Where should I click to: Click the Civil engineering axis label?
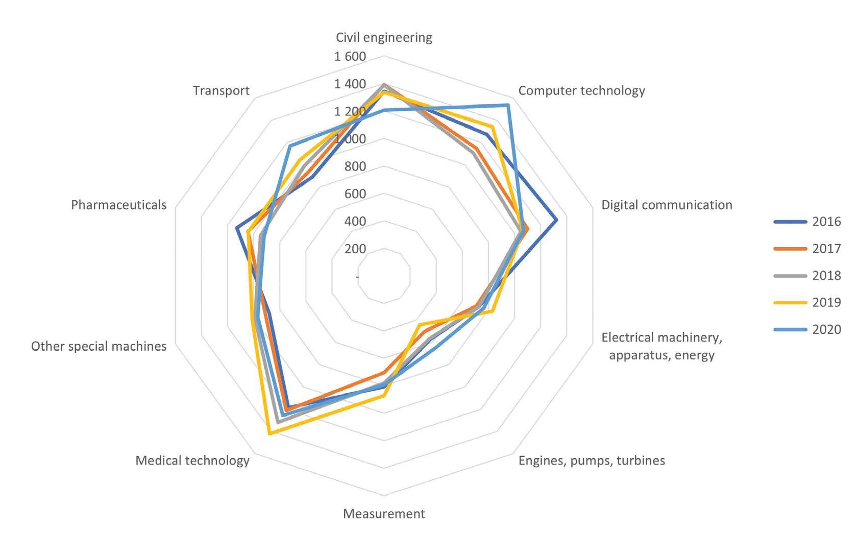pyautogui.click(x=384, y=38)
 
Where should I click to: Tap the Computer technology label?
pyautogui.click(x=581, y=91)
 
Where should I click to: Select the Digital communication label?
pyautogui.click(x=667, y=205)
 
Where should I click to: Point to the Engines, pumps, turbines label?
pyautogui.click(x=592, y=461)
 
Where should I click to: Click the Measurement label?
pyautogui.click(x=384, y=514)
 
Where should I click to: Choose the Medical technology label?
pyautogui.click(x=192, y=461)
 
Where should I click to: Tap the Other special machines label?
pyautogui.click(x=99, y=346)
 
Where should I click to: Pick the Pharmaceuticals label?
pyautogui.click(x=119, y=205)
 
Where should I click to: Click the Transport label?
pyautogui.click(x=221, y=91)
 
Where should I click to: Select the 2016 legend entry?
pyautogui.click(x=807, y=222)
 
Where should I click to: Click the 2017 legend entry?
pyautogui.click(x=807, y=249)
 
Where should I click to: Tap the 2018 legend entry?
pyautogui.click(x=807, y=276)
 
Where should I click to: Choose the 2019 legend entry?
pyautogui.click(x=807, y=302)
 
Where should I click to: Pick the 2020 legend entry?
pyautogui.click(x=807, y=329)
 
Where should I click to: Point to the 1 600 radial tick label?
pyautogui.click(x=350, y=57)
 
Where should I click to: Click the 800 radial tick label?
pyautogui.click(x=355, y=166)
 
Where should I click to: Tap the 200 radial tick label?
pyautogui.click(x=355, y=249)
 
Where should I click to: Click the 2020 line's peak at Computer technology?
pyautogui.click(x=508, y=105)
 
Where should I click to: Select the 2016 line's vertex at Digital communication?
pyautogui.click(x=556, y=220)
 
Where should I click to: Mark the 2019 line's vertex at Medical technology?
pyautogui.click(x=270, y=434)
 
